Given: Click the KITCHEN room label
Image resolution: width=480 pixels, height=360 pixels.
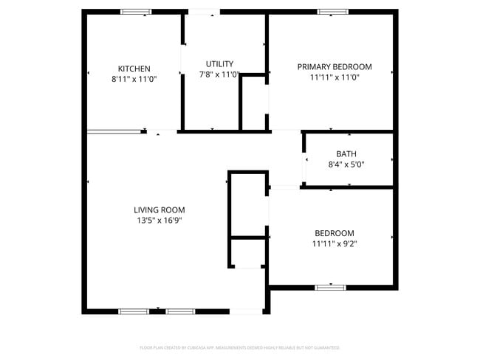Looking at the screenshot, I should click(134, 69).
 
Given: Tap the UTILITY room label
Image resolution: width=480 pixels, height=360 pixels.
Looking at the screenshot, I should click(219, 64).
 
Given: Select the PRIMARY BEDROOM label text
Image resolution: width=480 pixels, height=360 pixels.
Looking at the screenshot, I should click(335, 67).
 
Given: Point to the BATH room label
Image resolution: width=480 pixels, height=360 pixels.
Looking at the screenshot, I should click(346, 154).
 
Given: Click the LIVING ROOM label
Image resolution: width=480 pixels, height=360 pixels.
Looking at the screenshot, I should click(159, 210).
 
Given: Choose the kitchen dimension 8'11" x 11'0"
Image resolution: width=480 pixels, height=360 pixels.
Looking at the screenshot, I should click(134, 78).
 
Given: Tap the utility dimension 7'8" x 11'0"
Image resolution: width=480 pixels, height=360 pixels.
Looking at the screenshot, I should click(219, 74).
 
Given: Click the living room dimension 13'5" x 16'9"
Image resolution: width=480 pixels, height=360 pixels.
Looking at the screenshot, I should click(159, 220).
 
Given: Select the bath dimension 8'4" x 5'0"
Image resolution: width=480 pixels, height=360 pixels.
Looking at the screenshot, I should click(346, 165).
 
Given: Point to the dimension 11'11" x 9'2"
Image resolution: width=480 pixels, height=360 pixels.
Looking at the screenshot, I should click(335, 243).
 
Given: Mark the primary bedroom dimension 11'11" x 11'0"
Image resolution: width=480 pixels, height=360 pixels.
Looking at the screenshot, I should click(335, 77).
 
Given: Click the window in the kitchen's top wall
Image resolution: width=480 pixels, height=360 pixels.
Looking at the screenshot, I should click(136, 12).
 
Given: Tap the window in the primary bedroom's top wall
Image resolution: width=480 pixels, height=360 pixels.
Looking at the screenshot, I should click(332, 12).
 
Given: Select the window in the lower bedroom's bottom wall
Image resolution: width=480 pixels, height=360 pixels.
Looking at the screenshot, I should click(330, 286).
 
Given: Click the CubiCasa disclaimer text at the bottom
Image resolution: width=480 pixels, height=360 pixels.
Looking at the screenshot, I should click(240, 347).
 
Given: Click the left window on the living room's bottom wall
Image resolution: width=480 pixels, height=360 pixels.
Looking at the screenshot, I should click(134, 311).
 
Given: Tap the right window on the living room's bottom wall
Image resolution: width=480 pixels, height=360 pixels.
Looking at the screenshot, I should click(179, 311).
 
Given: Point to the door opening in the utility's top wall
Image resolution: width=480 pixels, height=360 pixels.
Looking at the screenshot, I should click(203, 12).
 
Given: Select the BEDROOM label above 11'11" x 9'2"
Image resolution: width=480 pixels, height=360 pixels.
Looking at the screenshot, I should click(335, 233).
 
